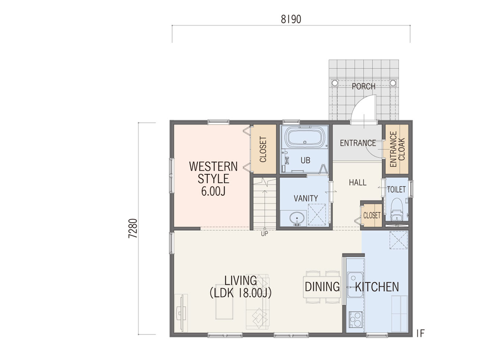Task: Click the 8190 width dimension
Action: coord(291,19)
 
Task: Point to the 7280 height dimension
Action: coord(133,228)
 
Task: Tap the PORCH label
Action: coord(364,86)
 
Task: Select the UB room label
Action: coord(305,161)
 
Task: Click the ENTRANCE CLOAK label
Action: coord(397,149)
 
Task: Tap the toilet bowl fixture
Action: coord(396,207)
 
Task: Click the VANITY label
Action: coord(306,198)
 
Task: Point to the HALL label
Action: coord(358,182)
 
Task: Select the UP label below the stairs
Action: coord(264,234)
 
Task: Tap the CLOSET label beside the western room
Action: coord(263,150)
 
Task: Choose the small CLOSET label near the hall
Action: coord(372,215)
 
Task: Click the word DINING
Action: coord(322,287)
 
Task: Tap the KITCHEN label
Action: coord(377,287)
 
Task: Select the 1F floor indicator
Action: coord(420,334)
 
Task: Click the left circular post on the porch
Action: coord(335,83)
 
